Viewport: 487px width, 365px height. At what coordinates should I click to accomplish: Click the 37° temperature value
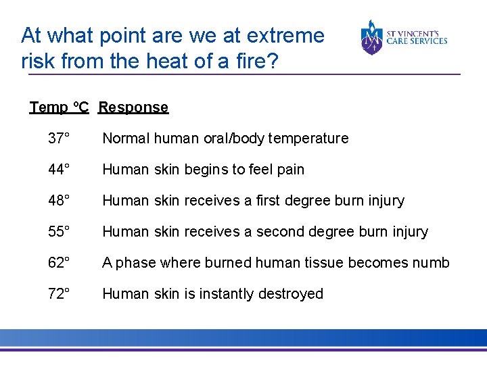pyautogui.click(x=59, y=139)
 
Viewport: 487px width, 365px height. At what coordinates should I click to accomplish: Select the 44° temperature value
pyautogui.click(x=59, y=170)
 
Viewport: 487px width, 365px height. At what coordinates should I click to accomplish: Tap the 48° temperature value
pyautogui.click(x=59, y=201)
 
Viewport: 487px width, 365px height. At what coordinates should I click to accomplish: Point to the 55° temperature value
pyautogui.click(x=59, y=232)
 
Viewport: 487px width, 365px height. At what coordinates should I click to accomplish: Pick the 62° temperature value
pyautogui.click(x=59, y=263)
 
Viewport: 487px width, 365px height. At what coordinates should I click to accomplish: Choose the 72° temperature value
pyautogui.click(x=59, y=294)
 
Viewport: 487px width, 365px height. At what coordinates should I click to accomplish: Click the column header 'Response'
pyautogui.click(x=133, y=107)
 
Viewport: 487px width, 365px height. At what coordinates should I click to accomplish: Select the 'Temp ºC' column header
pyautogui.click(x=59, y=107)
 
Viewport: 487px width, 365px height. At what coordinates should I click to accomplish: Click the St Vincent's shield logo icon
pyautogui.click(x=372, y=37)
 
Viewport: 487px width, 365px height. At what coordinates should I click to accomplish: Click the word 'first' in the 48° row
pyautogui.click(x=269, y=201)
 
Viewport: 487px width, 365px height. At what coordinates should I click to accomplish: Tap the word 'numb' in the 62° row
pyautogui.click(x=431, y=263)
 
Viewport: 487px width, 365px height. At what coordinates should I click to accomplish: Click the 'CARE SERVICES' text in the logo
pyautogui.click(x=417, y=41)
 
